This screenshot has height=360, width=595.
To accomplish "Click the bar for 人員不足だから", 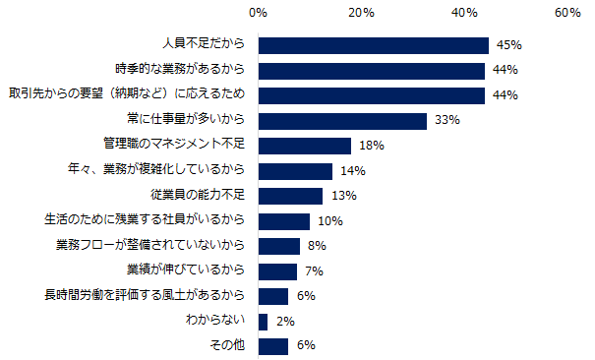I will (374, 45).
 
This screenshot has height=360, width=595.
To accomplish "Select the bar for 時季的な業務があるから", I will (372, 71).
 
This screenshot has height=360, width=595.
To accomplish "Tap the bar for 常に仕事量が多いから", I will (342, 121).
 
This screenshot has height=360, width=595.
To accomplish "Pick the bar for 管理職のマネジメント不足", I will (305, 146).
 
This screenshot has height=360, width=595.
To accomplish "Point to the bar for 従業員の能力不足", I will (291, 196).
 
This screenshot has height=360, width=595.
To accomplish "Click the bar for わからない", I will (263, 322).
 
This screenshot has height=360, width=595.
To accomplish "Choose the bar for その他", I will (273, 346).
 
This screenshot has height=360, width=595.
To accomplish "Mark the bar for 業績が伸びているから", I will (277, 271).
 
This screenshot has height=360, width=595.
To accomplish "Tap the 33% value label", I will (447, 121).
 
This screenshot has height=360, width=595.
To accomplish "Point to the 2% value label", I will (283, 322).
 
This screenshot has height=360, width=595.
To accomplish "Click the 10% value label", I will (328, 221).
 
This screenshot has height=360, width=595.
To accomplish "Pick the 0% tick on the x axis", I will (259, 13).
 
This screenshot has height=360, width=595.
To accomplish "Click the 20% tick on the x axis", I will (361, 13).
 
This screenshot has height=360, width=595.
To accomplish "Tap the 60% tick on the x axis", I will (567, 13).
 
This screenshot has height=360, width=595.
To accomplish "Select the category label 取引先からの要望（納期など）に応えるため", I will (126, 95).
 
